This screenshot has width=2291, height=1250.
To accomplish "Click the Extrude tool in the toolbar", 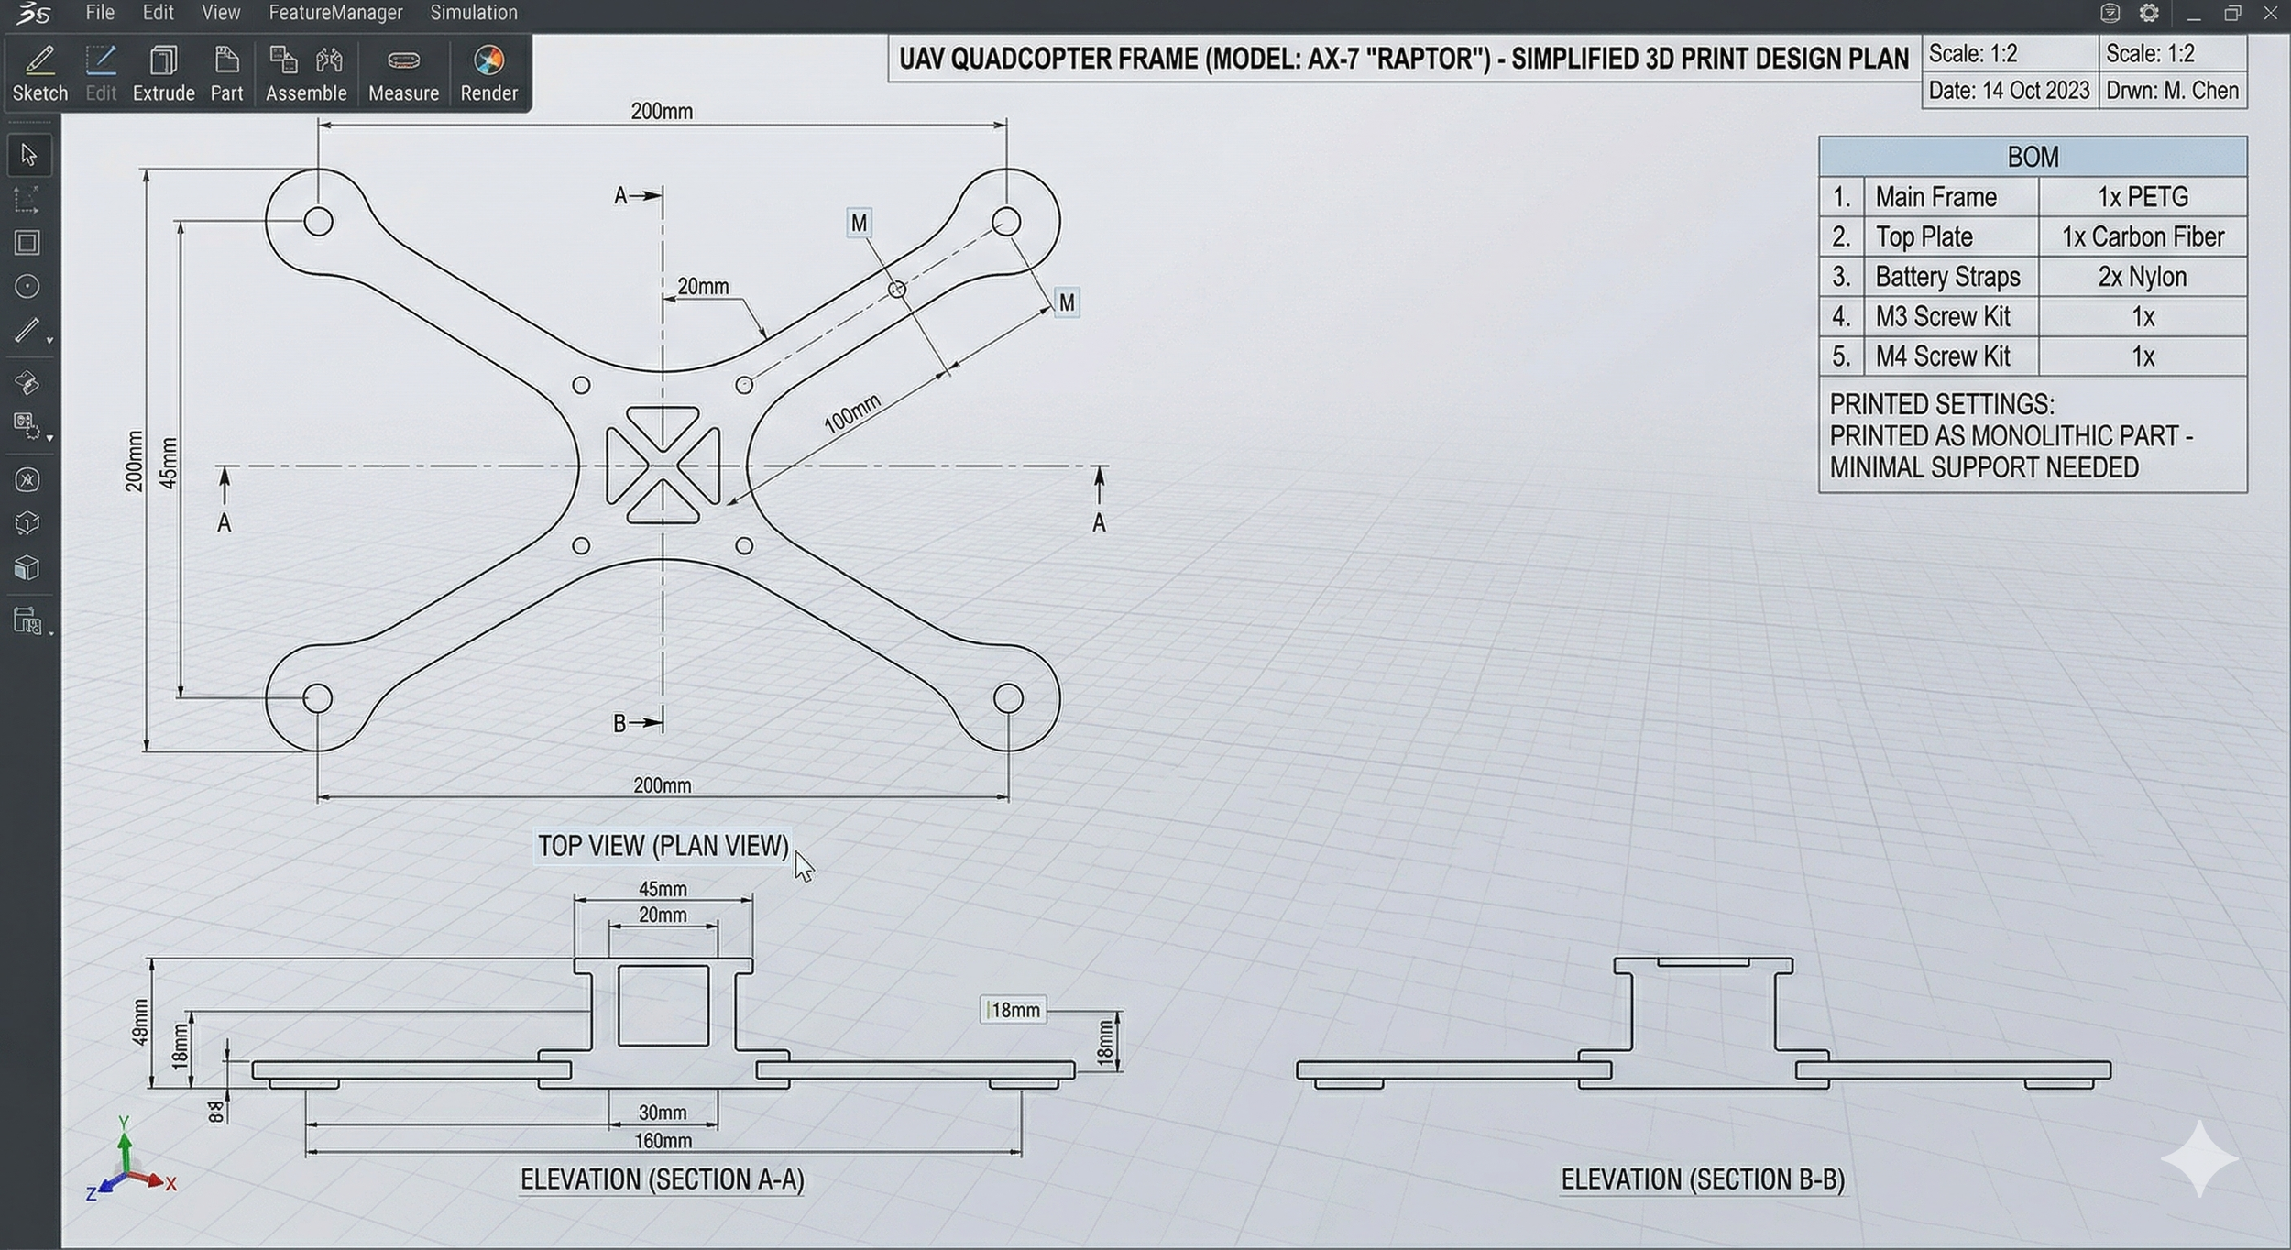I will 163,72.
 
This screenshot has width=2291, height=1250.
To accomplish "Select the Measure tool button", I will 403,72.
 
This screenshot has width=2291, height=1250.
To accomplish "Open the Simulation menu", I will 474,13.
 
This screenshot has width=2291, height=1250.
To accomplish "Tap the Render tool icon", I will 488,72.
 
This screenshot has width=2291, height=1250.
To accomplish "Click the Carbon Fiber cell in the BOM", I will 2143,237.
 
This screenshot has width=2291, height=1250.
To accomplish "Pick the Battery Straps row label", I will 1947,277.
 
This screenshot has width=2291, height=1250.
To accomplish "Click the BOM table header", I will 2033,157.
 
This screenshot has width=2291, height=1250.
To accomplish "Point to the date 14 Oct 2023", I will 2009,91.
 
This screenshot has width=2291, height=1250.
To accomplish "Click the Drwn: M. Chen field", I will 2172,91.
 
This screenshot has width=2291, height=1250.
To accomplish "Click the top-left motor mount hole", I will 318,221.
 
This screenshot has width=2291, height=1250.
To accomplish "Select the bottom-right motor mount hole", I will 1008,698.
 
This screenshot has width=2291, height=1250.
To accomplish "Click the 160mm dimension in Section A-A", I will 663,1141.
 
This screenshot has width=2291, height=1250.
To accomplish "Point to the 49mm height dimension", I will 140,1022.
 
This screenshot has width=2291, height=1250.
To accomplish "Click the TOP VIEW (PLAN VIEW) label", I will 663,846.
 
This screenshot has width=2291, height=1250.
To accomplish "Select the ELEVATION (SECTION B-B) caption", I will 1703,1179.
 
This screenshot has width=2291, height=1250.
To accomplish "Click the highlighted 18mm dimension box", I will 1014,1010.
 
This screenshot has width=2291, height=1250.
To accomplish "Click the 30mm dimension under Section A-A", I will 663,1113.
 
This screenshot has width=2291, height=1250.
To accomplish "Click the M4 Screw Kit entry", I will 1943,356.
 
